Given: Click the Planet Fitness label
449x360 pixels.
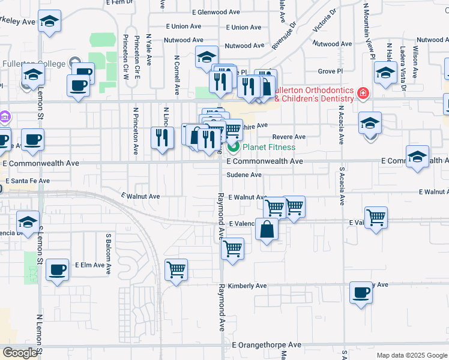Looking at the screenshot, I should [268, 147].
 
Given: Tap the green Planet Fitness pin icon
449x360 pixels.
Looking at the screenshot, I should [233, 147].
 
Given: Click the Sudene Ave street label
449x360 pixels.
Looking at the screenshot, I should [244, 175].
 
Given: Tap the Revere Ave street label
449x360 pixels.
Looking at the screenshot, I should [289, 137].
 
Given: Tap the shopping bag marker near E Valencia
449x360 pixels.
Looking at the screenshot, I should [267, 229].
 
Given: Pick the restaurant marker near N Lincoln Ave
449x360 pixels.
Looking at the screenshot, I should [161, 138].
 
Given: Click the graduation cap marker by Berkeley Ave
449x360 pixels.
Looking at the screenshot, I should [49, 23].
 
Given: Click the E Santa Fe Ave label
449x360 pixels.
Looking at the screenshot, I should [28, 181].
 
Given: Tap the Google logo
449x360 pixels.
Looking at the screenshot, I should [20, 353].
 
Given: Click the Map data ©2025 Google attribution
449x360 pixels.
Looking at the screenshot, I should [411, 355].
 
